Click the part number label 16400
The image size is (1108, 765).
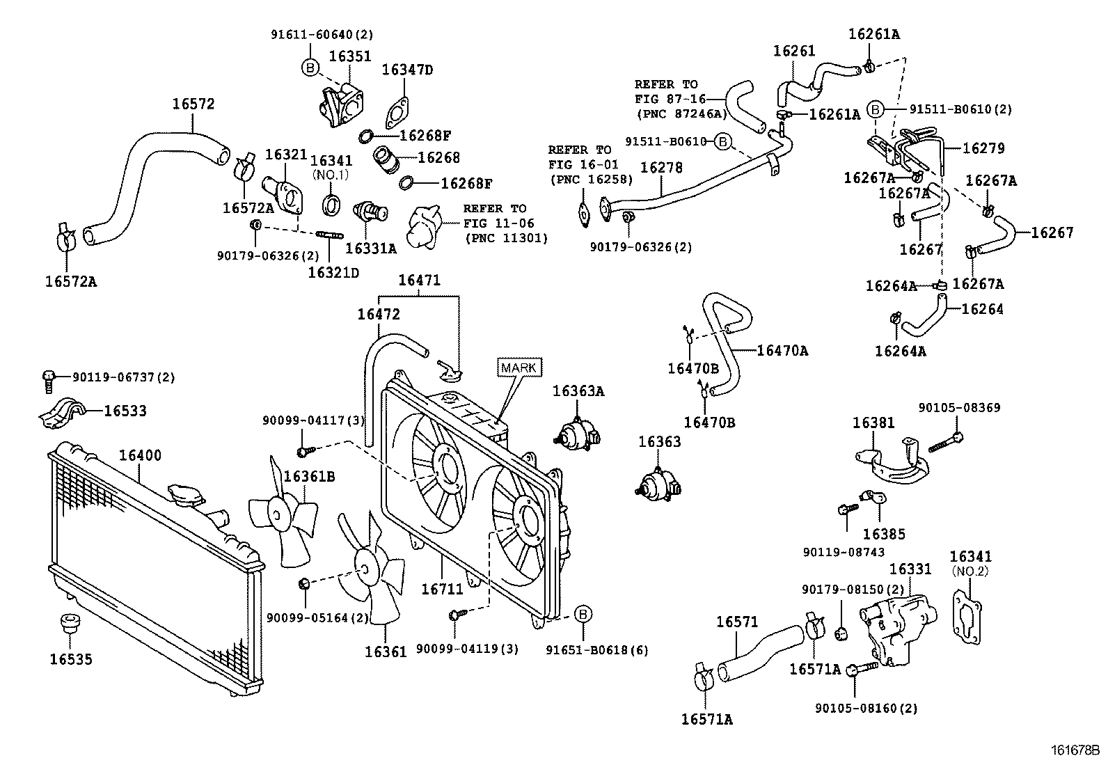[139, 456]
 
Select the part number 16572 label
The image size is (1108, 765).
[193, 104]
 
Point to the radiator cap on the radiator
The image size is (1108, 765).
[185, 494]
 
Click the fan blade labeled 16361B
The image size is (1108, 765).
[282, 516]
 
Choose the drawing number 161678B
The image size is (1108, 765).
[1075, 751]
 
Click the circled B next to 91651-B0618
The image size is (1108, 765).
[583, 614]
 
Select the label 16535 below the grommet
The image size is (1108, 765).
[71, 658]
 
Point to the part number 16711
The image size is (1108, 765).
[442, 589]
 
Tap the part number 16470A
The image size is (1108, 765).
[782, 351]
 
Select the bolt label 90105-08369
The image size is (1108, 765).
[959, 408]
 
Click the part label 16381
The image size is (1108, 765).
[874, 423]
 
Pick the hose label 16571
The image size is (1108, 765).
[737, 622]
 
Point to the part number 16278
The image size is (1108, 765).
[661, 168]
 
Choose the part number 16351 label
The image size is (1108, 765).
[349, 56]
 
